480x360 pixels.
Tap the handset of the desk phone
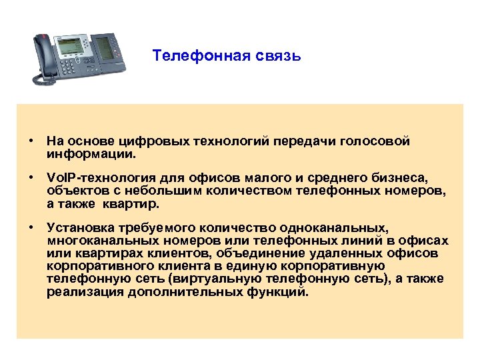[x=45, y=59]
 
